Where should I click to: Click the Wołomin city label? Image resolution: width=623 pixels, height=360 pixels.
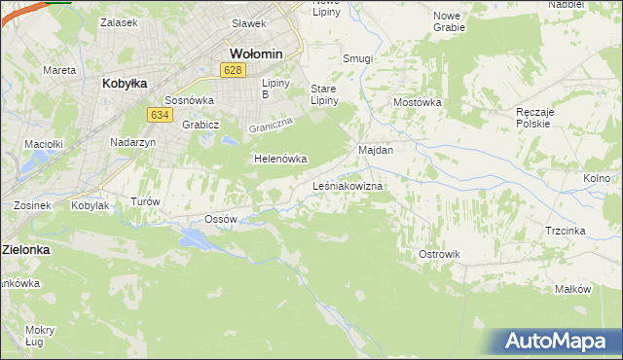pos(255,54)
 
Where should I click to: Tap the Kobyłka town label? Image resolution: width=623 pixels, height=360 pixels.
pos(125,84)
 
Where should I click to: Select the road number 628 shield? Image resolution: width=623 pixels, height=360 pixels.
pos(232,70)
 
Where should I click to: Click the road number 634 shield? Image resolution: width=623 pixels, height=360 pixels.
pos(161,115)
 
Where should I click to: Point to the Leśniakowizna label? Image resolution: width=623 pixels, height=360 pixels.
pos(348,185)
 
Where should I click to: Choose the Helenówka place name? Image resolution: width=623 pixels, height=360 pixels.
pos(280,158)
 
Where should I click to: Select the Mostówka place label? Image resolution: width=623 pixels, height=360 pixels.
pos(418,102)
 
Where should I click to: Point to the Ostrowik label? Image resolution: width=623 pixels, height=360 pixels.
pos(439,254)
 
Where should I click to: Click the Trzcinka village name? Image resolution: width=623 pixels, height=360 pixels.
pos(565,231)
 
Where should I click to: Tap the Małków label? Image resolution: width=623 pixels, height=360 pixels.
pos(572,289)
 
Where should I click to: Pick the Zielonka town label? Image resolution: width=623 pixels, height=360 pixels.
pos(25,249)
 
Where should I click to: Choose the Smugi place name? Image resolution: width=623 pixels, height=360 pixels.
pos(357,58)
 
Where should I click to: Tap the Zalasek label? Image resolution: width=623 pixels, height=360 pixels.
pos(119,21)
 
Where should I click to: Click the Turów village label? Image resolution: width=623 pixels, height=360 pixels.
pos(144,201)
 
